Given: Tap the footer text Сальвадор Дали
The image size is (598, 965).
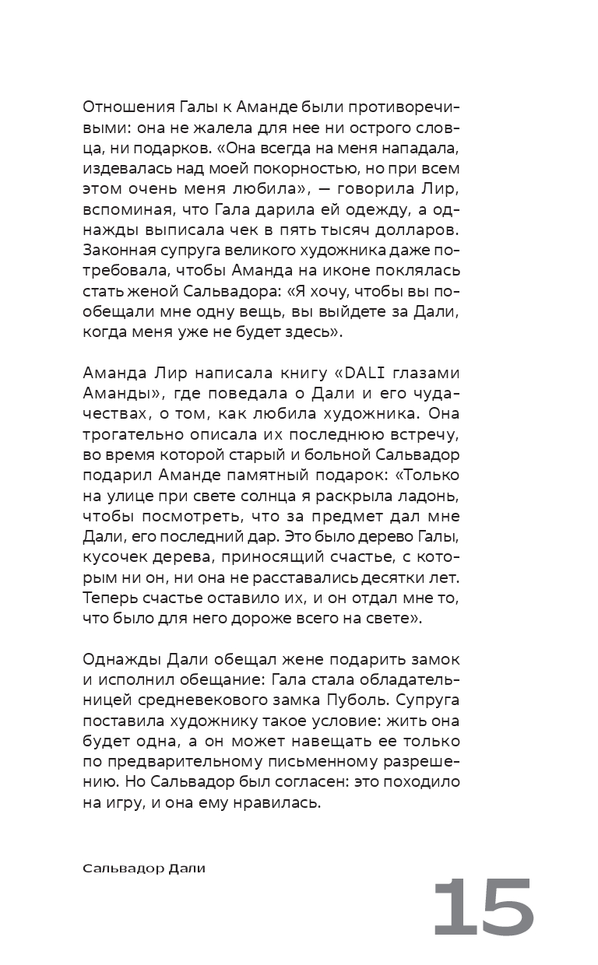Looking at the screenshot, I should point(144,868).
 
